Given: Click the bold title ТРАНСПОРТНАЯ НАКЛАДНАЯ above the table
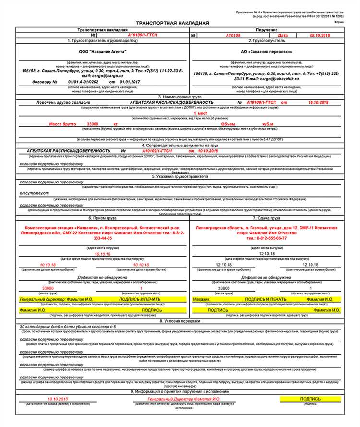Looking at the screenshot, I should click(x=173, y=23).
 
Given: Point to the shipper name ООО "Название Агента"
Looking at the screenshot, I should click(x=103, y=51).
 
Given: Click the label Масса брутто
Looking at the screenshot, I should click(x=62, y=124).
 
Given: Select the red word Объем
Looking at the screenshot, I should click(x=228, y=124).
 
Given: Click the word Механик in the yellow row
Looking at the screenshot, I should click(x=202, y=299).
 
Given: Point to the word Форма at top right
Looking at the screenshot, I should click(x=338, y=21).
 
